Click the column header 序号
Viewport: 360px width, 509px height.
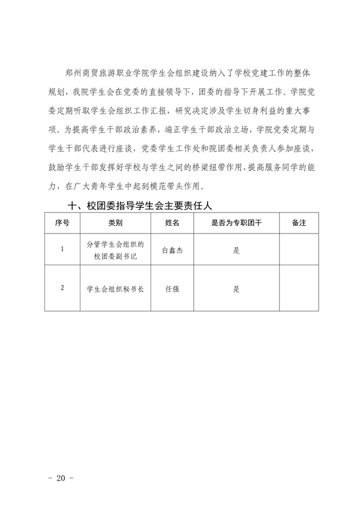[x=62, y=223]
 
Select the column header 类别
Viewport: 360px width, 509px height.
[x=115, y=223]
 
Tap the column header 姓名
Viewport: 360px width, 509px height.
[x=172, y=223]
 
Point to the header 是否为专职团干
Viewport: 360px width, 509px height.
[x=236, y=223]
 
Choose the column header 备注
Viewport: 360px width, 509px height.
[x=299, y=223]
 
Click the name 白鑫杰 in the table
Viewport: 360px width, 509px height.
[x=172, y=252]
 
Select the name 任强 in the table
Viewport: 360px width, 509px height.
[x=172, y=289]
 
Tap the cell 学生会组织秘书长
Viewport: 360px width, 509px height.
[x=115, y=289]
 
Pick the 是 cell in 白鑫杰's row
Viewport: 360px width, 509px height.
[x=236, y=252]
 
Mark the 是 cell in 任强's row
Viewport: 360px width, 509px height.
[x=236, y=289]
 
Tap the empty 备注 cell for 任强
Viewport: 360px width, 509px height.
[x=299, y=289]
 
